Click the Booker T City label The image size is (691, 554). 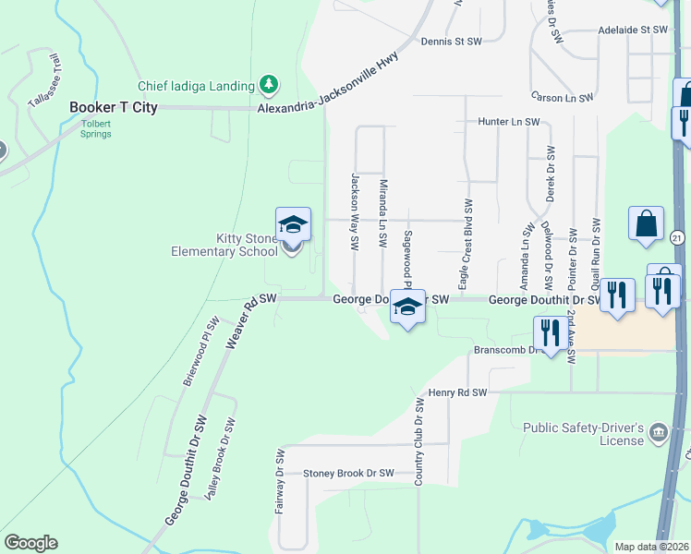(x=114, y=107)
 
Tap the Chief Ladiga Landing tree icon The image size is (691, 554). (x=269, y=86)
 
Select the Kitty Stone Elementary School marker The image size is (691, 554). (x=292, y=227)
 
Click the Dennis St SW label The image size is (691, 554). (x=452, y=42)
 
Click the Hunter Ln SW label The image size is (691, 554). (x=509, y=122)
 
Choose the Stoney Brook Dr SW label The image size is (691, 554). (x=349, y=474)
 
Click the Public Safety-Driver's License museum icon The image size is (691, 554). (x=658, y=432)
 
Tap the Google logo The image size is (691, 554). (x=30, y=543)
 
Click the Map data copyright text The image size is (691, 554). (x=652, y=547)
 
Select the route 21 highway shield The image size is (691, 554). (x=677, y=238)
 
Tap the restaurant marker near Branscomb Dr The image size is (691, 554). (x=550, y=333)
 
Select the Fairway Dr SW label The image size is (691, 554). (x=279, y=469)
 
